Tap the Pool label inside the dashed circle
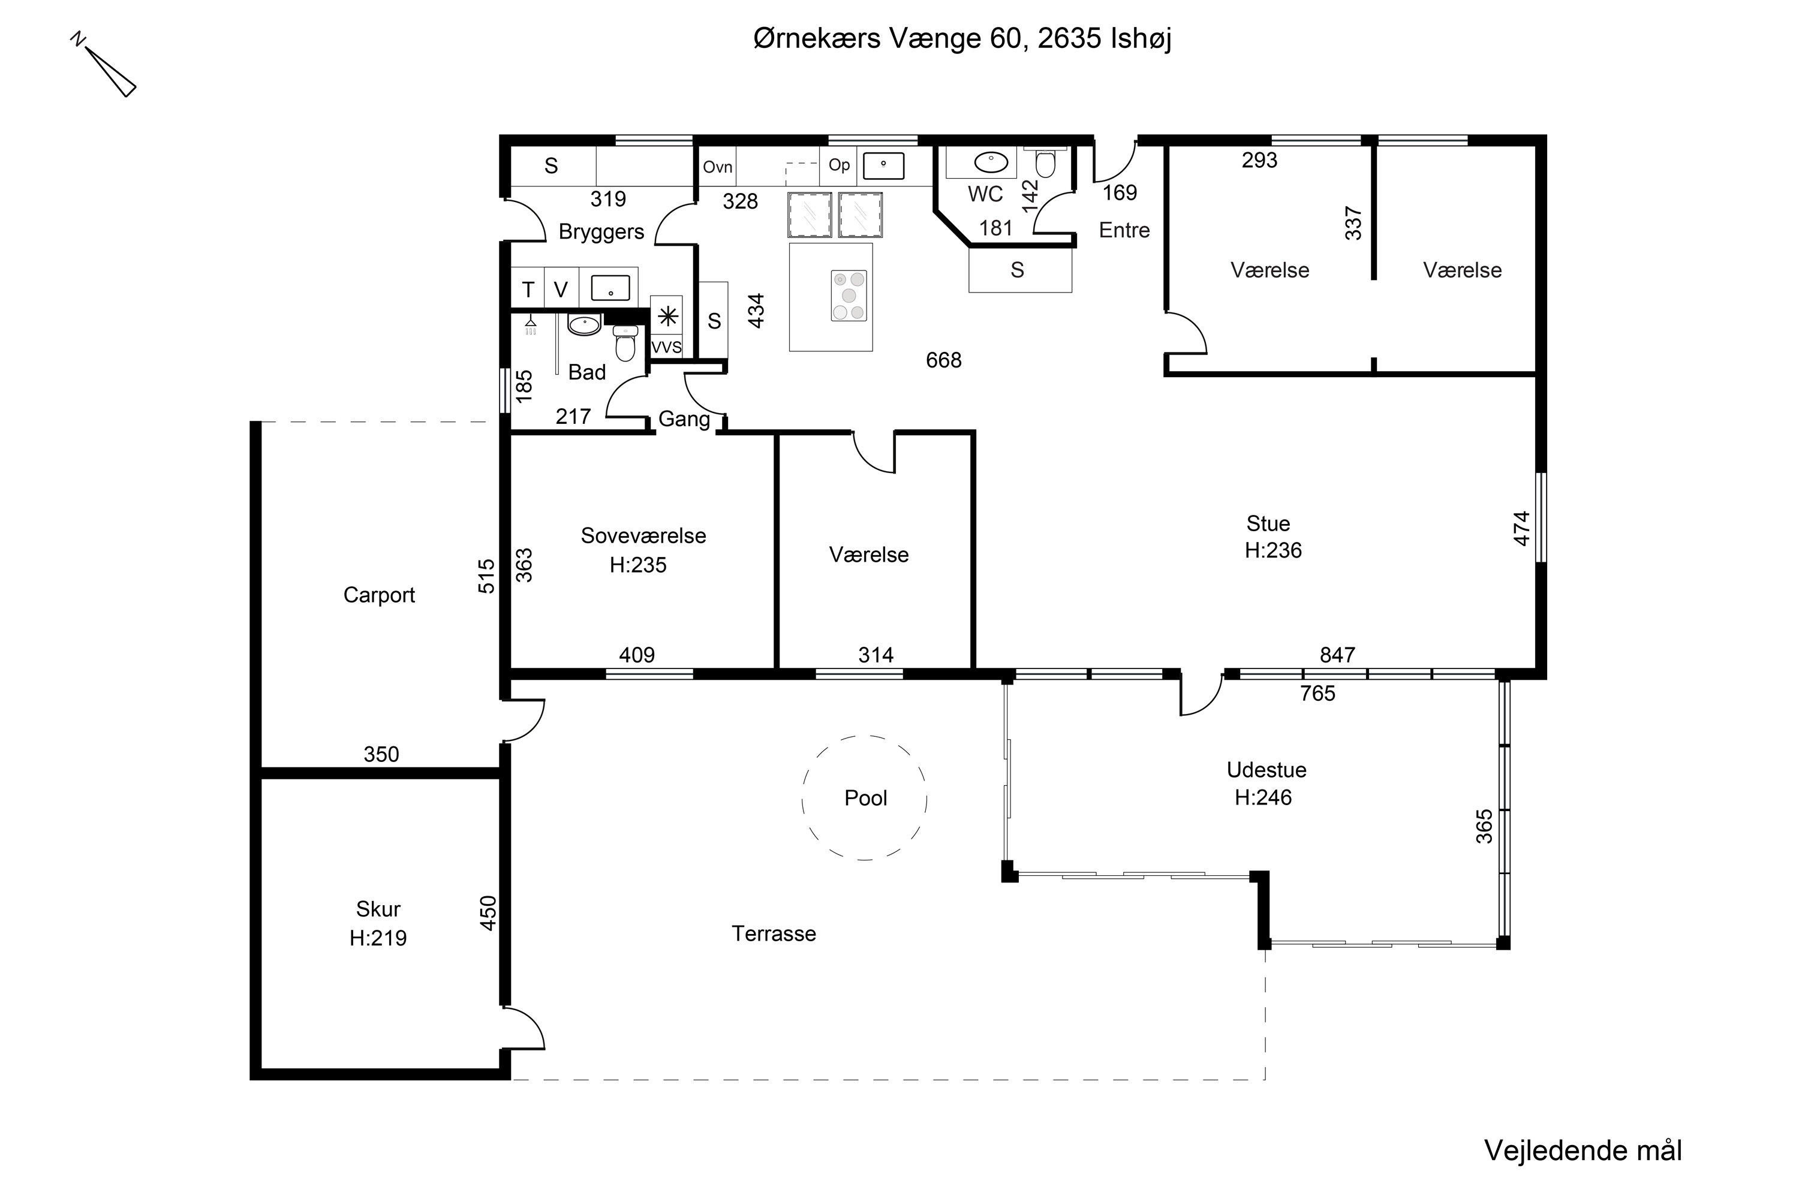click(x=866, y=799)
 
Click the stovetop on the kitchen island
click(x=849, y=295)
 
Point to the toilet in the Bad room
click(x=625, y=342)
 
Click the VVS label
click(x=666, y=347)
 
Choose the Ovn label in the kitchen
click(x=717, y=167)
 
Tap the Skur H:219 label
click(x=378, y=923)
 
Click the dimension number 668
click(x=944, y=360)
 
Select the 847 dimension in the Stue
click(x=1338, y=655)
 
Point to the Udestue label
click(x=1266, y=770)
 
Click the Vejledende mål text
click(x=1583, y=1151)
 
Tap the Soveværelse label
click(x=643, y=535)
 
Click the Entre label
click(x=1124, y=230)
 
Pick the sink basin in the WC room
click(x=991, y=162)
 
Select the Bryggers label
click(x=601, y=231)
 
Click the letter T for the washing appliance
click(x=528, y=290)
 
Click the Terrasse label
click(x=774, y=933)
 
